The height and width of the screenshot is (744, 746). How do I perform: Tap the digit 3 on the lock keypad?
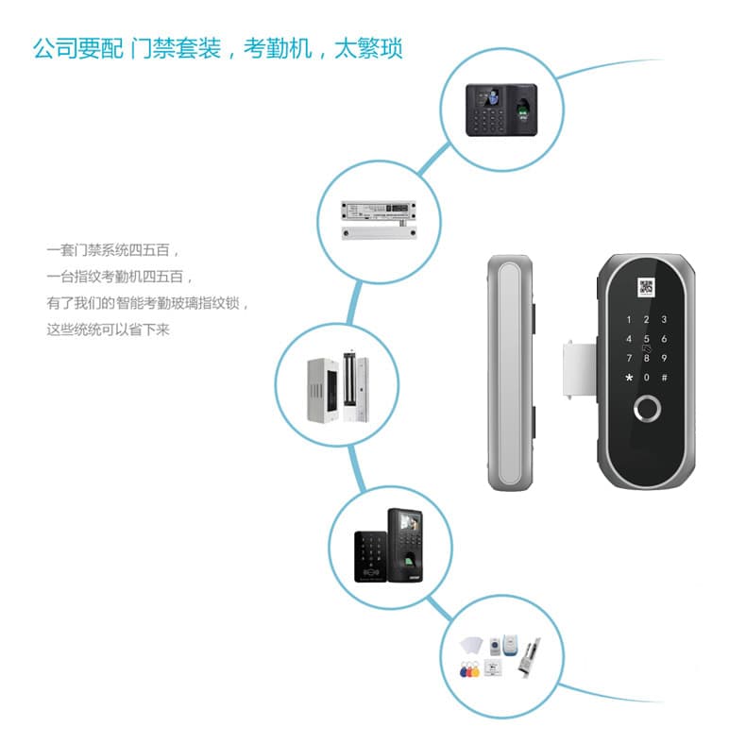click(x=665, y=319)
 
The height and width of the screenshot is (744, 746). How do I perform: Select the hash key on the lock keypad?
click(x=665, y=378)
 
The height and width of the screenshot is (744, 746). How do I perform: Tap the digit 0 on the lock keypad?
click(x=646, y=378)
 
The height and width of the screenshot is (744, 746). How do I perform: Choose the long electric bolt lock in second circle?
click(x=378, y=207)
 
